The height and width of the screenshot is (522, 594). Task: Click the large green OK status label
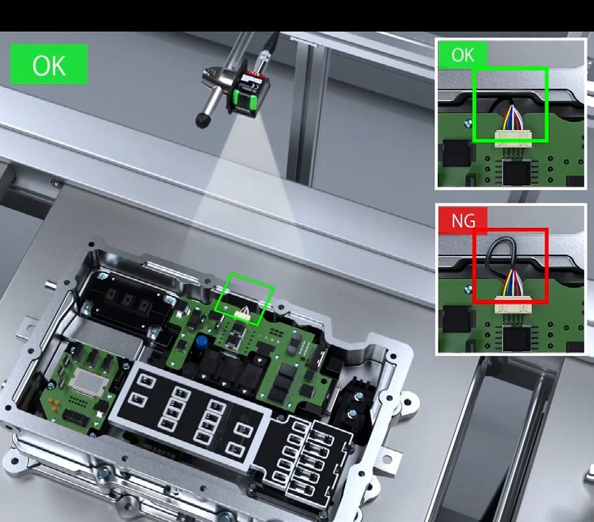[x=49, y=64]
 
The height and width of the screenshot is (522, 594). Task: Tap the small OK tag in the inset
[x=462, y=54]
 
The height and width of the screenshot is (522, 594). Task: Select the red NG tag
[x=463, y=220]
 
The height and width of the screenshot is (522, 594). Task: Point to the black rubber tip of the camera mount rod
[x=203, y=120]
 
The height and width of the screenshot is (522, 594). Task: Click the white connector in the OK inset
[x=513, y=137]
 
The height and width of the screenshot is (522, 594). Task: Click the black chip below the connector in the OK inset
[x=516, y=172]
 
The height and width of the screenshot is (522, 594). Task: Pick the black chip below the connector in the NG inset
[x=516, y=339]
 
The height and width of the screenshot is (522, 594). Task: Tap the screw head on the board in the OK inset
[x=468, y=123]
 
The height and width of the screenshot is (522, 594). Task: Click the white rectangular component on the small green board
[x=88, y=381]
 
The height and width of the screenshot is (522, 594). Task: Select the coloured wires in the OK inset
[x=512, y=118]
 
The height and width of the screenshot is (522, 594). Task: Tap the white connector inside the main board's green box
[x=242, y=314]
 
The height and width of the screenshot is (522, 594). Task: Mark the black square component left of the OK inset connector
[x=457, y=154]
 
